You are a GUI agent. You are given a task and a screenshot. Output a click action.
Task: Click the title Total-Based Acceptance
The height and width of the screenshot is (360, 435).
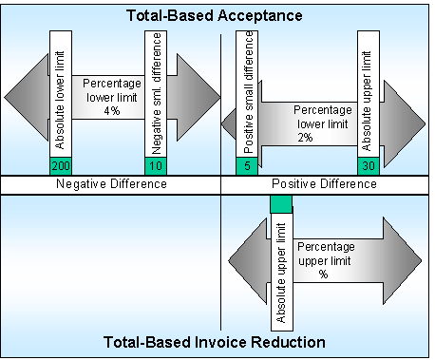pos(217,15)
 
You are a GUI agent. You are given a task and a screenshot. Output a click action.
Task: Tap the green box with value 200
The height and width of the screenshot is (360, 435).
pos(59,166)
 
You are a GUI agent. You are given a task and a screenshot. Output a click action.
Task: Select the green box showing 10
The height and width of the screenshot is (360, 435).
pos(157,166)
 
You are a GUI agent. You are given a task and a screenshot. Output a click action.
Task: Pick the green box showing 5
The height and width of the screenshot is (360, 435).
pos(247,166)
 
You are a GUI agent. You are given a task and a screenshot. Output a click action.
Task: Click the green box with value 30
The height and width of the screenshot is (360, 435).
pos(369,166)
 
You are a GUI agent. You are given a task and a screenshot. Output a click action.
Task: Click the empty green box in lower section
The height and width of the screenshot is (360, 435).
pos(282,203)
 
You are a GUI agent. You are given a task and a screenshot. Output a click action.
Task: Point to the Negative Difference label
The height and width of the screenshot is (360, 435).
pos(110,183)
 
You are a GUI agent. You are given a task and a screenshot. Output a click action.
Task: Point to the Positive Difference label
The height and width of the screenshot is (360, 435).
pos(324,183)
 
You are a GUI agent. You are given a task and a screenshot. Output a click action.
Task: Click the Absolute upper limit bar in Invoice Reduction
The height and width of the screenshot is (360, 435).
pos(282,266)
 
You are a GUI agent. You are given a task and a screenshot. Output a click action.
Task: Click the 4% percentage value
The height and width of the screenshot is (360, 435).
pos(111,111)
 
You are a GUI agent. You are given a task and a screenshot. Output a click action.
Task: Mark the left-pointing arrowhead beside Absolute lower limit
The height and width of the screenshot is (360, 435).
pos(27,96)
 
